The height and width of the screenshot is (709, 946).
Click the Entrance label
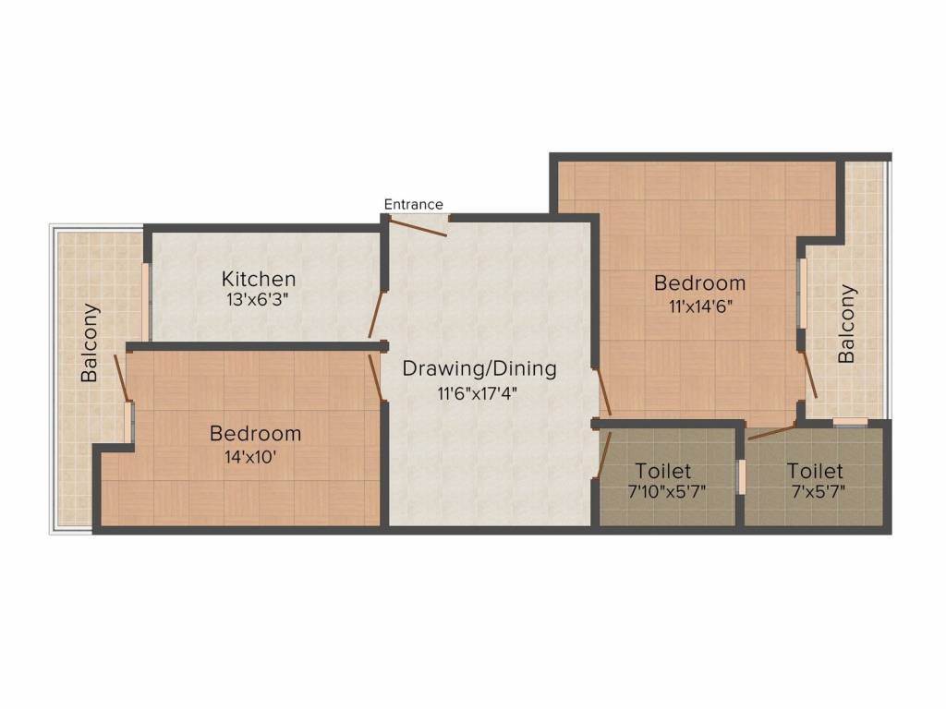(x=413, y=204)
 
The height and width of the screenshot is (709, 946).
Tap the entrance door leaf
(x=418, y=226)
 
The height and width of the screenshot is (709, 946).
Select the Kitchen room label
(x=258, y=279)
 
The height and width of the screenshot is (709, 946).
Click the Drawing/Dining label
(x=479, y=369)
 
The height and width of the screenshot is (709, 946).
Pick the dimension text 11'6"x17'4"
(x=479, y=392)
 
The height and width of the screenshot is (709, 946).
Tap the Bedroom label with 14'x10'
(x=255, y=433)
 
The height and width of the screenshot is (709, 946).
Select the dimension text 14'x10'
(x=255, y=454)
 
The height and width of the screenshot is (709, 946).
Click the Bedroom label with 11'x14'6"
(x=699, y=282)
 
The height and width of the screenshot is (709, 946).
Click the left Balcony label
(x=90, y=342)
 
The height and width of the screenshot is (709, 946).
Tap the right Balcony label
(x=846, y=323)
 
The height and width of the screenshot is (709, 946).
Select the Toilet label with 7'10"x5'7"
(x=663, y=472)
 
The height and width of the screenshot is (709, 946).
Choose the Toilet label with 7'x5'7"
(x=815, y=472)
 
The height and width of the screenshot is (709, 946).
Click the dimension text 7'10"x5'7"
(x=667, y=492)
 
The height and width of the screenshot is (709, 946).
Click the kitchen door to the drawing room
(x=375, y=315)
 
